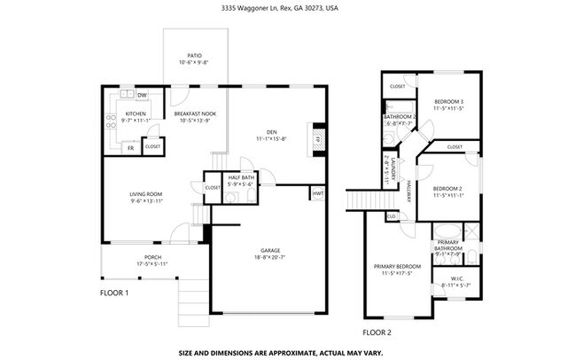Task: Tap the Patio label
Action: [194, 54]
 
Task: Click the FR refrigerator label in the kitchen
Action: [130, 147]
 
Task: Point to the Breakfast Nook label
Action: [192, 113]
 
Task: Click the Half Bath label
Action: [241, 177]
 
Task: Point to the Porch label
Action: [152, 257]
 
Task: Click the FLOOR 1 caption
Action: [114, 293]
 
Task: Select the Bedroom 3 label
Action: [448, 103]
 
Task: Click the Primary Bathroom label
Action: [449, 245]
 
